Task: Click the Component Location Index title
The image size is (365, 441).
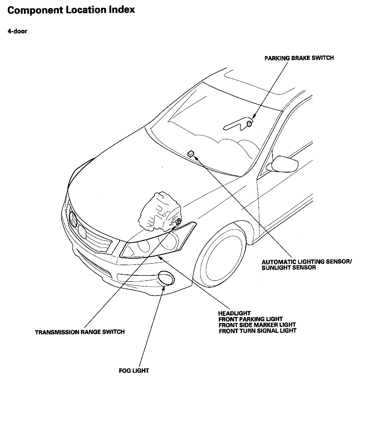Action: pos(71,10)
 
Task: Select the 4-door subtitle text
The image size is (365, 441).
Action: pos(17,31)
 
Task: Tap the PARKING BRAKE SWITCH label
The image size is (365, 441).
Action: pos(299,58)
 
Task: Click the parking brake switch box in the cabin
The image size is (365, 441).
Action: pos(249,123)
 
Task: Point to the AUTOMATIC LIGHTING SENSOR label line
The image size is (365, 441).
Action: pos(306,261)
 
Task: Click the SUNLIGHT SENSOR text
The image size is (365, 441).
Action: pos(289,268)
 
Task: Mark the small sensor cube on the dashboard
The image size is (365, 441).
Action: pos(191,154)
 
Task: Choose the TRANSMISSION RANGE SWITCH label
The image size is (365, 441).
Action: pos(80,332)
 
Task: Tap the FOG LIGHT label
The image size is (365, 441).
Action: pos(134,370)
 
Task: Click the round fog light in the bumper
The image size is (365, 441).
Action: pos(166,278)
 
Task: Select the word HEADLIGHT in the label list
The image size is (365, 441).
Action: pos(234,313)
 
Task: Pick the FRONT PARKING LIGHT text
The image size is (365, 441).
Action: pos(250,319)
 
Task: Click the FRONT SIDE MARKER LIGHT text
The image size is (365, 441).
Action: pos(257,325)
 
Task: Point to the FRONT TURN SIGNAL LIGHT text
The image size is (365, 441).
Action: pos(257,331)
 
